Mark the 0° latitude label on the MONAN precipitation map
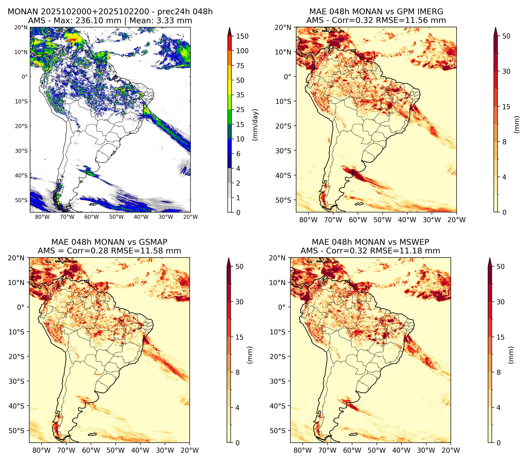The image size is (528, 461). click(24, 77)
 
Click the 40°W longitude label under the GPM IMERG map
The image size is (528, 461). click(407, 220)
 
